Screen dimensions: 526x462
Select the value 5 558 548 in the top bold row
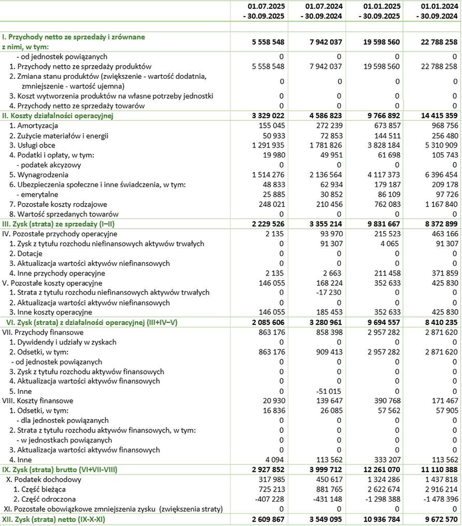[x=265, y=42]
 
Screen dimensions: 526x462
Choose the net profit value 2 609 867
[x=265, y=519]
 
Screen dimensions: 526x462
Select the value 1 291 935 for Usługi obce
[x=265, y=145]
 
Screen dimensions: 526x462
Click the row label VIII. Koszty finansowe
[x=38, y=401]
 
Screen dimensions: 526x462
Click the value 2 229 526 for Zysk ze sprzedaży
[x=265, y=224]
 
